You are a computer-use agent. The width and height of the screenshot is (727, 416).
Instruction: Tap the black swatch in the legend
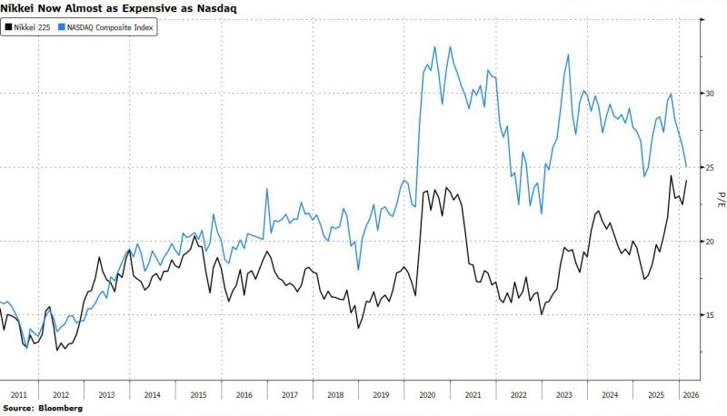click(x=9, y=28)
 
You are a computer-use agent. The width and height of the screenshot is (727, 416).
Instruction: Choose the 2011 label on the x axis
click(x=17, y=394)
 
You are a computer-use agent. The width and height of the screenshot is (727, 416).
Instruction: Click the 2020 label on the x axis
click(x=425, y=394)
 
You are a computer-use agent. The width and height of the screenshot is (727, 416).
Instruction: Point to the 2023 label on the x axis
click(x=564, y=394)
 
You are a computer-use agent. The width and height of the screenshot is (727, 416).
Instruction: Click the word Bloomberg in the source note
click(x=59, y=409)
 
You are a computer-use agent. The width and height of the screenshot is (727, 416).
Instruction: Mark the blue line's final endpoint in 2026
click(x=686, y=167)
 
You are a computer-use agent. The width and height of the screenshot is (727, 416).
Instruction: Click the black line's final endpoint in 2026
click(x=686, y=181)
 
